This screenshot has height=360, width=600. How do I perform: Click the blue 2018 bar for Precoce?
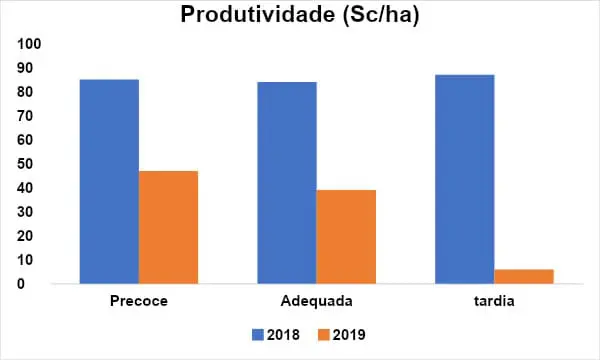click(109, 181)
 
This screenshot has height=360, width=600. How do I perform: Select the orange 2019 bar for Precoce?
click(168, 227)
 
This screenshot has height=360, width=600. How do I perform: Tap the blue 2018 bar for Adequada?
click(287, 183)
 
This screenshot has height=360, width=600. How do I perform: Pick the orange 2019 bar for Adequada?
click(346, 237)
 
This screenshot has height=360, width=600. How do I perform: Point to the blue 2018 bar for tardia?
click(464, 179)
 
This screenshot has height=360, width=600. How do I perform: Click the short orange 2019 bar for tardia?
click(524, 276)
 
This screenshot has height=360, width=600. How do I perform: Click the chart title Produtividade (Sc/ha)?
click(299, 15)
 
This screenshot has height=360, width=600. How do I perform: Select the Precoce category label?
click(138, 300)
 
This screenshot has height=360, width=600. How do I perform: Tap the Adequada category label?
click(316, 300)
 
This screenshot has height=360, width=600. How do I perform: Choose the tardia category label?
click(494, 300)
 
